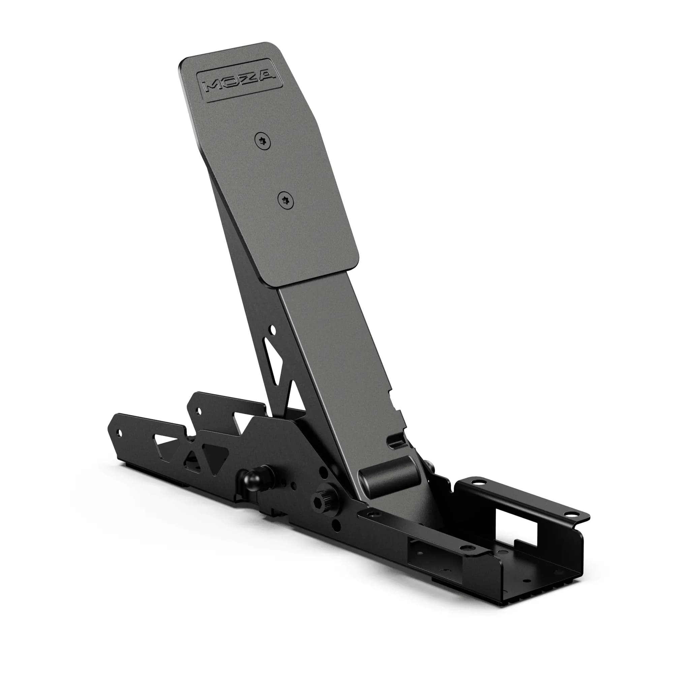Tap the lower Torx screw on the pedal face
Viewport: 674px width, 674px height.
pos(286,201)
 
